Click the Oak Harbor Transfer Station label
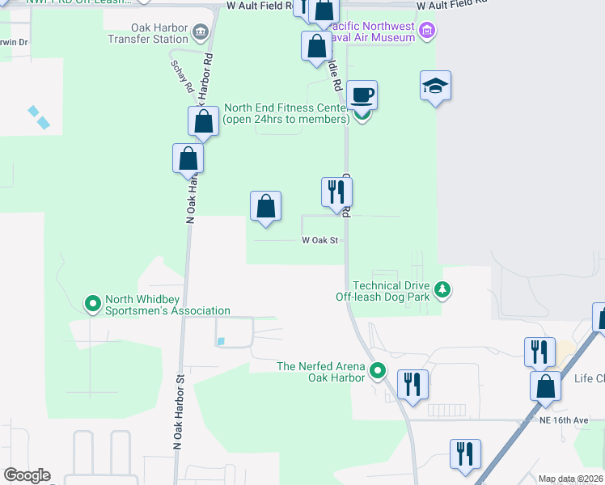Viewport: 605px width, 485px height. (x=147, y=32)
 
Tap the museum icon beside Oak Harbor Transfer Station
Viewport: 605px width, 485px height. (x=199, y=32)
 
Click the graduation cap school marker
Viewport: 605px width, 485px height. (x=435, y=86)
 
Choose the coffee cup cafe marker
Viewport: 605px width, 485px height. (x=362, y=94)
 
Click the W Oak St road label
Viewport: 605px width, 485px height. (x=319, y=240)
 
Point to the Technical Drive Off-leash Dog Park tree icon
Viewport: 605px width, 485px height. (x=442, y=289)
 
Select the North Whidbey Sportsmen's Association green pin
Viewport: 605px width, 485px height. (x=93, y=304)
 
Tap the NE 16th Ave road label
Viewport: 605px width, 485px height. (x=564, y=421)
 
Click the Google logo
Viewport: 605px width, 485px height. (x=27, y=475)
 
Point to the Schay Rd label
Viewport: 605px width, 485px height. (x=181, y=76)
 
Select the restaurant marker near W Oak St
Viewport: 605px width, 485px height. (x=336, y=192)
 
